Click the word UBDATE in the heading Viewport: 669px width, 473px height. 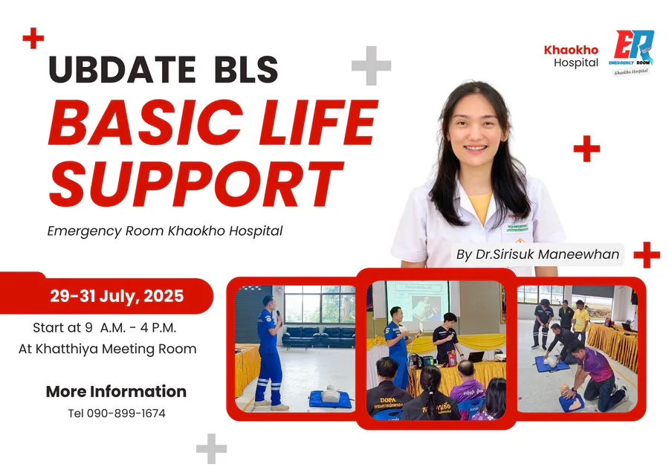coord(122,69)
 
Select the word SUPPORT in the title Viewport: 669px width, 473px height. coord(196,184)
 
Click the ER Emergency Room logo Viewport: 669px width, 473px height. coord(632,52)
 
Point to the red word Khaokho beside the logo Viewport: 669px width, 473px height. coord(571,50)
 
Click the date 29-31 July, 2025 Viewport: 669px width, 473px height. coord(117,296)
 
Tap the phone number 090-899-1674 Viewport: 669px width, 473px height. coord(126,414)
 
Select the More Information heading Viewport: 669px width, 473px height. coord(116,391)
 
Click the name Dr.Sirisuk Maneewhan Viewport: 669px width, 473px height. coord(547,254)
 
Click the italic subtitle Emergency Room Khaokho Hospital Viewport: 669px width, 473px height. coord(165,231)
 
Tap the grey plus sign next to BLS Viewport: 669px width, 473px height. coord(371,65)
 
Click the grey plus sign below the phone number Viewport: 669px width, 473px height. coord(211,448)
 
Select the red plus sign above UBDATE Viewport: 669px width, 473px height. coord(33,39)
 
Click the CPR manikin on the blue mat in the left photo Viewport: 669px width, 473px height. coord(331,393)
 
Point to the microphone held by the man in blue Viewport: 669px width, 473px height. coord(278,316)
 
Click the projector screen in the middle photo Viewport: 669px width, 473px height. coord(418,301)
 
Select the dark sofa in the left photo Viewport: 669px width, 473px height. coord(319,336)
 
